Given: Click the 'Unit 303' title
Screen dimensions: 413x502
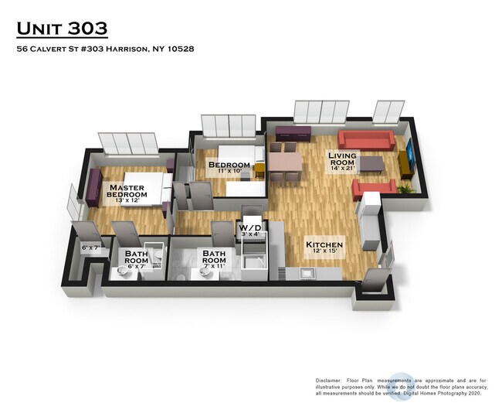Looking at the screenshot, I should (x=62, y=29).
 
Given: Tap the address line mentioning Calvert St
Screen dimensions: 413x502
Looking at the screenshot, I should (x=104, y=49).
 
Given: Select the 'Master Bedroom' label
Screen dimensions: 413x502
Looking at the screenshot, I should (x=127, y=191).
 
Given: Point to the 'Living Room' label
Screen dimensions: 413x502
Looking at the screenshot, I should (x=342, y=161).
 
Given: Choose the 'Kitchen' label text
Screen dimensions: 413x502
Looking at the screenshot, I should (x=324, y=244).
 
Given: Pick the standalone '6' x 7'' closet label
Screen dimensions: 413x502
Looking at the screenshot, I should (x=92, y=248).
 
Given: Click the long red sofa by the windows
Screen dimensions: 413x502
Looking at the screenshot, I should (x=366, y=141).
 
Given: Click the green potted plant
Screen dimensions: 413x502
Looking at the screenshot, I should (x=405, y=186).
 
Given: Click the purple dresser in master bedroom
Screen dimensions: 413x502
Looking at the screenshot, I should (x=93, y=186).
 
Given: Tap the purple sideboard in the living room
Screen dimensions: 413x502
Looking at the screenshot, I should (x=293, y=132).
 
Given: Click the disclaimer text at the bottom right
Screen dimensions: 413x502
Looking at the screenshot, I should (x=400, y=387).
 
